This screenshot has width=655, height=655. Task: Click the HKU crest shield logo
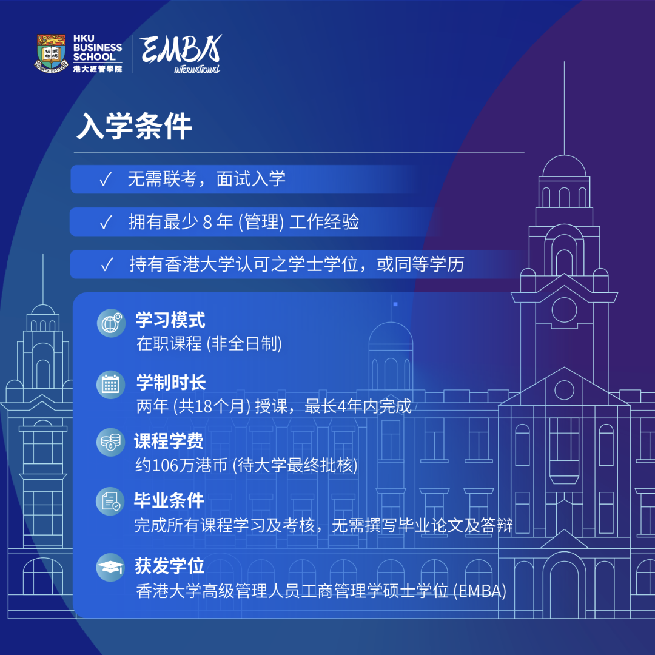pyautogui.click(x=51, y=53)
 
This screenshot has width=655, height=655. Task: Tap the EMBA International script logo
pyautogui.click(x=181, y=53)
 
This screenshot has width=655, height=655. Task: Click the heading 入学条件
pyautogui.click(x=135, y=126)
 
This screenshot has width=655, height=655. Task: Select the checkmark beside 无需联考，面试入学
pyautogui.click(x=106, y=179)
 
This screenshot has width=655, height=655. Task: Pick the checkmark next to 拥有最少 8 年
pyautogui.click(x=106, y=222)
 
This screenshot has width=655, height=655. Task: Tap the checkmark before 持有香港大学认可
pyautogui.click(x=107, y=264)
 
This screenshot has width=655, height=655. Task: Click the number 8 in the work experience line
pyautogui.click(x=207, y=222)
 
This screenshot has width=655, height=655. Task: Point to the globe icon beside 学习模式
pyautogui.click(x=111, y=323)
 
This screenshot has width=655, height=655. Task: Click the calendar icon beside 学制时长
pyautogui.click(x=111, y=385)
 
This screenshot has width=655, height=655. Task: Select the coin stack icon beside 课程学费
pyautogui.click(x=111, y=442)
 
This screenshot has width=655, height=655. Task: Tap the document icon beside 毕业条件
pyautogui.click(x=110, y=501)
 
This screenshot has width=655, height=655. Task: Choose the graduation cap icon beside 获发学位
pyautogui.click(x=110, y=567)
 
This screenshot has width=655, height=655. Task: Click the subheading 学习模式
pyautogui.click(x=170, y=320)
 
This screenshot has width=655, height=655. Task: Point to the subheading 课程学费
pyautogui.click(x=169, y=441)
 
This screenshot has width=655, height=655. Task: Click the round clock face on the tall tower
pyautogui.click(x=564, y=310)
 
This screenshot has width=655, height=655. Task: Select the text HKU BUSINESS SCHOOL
pyautogui.click(x=98, y=47)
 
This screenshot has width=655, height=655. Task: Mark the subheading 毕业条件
pyautogui.click(x=169, y=500)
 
